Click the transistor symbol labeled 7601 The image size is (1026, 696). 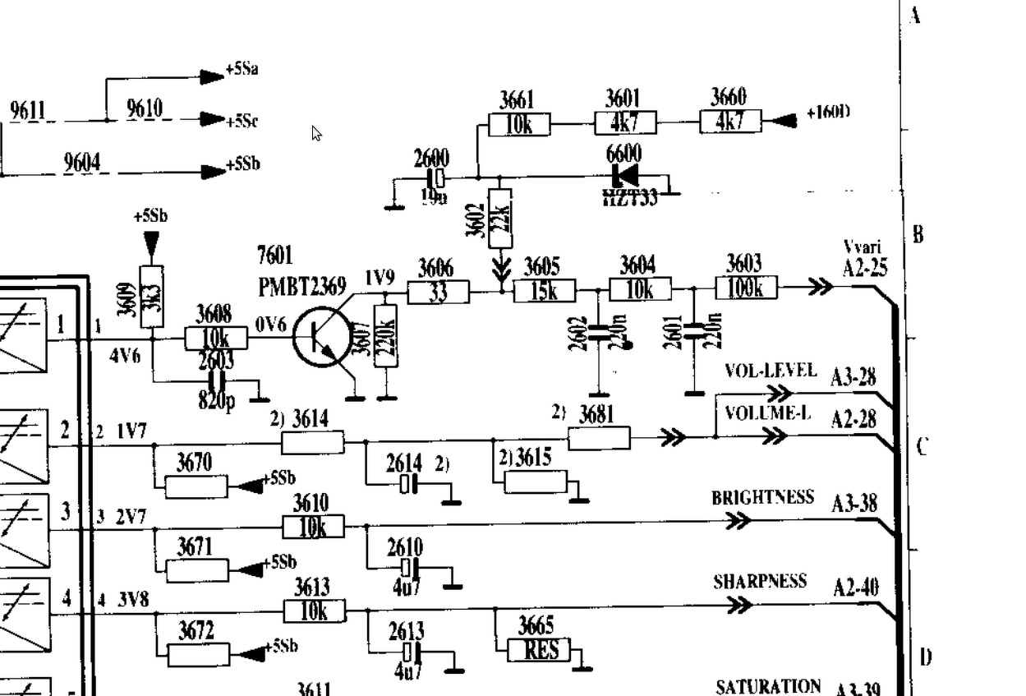pyautogui.click(x=323, y=338)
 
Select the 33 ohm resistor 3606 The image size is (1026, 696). pyautogui.click(x=438, y=292)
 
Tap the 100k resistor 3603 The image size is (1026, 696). pyautogui.click(x=747, y=288)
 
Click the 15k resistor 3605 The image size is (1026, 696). pyautogui.click(x=545, y=291)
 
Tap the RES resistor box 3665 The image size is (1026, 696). pyautogui.click(x=541, y=651)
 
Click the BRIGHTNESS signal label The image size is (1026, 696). pyautogui.click(x=762, y=498)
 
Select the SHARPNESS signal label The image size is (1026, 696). pyautogui.click(x=760, y=582)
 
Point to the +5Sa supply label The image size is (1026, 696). pyautogui.click(x=242, y=70)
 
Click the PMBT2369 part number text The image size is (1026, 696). pyautogui.click(x=301, y=285)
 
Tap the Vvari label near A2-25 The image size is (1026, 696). pyautogui.click(x=863, y=247)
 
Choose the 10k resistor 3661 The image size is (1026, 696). pyautogui.click(x=519, y=125)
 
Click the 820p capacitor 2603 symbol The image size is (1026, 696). pyautogui.click(x=217, y=382)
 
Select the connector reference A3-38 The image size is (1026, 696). pyautogui.click(x=854, y=503)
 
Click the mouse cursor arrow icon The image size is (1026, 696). pyautogui.click(x=317, y=133)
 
